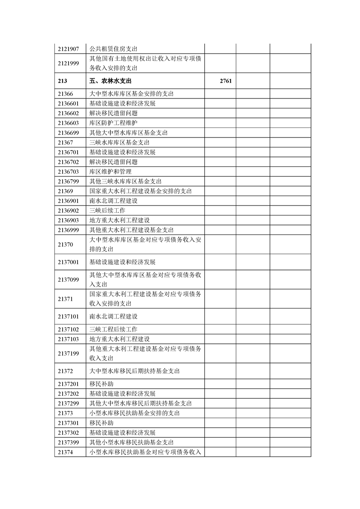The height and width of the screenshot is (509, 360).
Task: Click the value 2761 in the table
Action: (x=225, y=81)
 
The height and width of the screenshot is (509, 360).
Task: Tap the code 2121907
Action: (x=69, y=49)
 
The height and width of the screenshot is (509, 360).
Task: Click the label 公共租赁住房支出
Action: (x=113, y=49)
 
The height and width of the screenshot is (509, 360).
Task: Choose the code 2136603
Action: (x=69, y=123)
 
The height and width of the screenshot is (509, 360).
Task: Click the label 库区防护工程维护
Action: (x=113, y=123)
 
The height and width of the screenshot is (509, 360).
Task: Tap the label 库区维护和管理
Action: (x=110, y=171)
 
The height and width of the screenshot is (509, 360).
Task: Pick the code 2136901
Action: (x=69, y=201)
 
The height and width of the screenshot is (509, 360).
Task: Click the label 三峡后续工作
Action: (x=107, y=210)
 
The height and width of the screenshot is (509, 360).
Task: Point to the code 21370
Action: (x=66, y=245)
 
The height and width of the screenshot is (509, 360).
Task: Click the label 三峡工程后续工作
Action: (x=113, y=329)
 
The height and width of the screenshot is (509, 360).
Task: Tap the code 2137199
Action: (x=69, y=353)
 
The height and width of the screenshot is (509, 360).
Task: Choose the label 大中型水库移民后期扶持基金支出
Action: (x=135, y=371)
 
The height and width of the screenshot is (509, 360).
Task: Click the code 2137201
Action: (x=69, y=384)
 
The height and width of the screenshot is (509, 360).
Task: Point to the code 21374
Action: (x=66, y=452)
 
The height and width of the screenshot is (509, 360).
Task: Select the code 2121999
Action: (x=69, y=64)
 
